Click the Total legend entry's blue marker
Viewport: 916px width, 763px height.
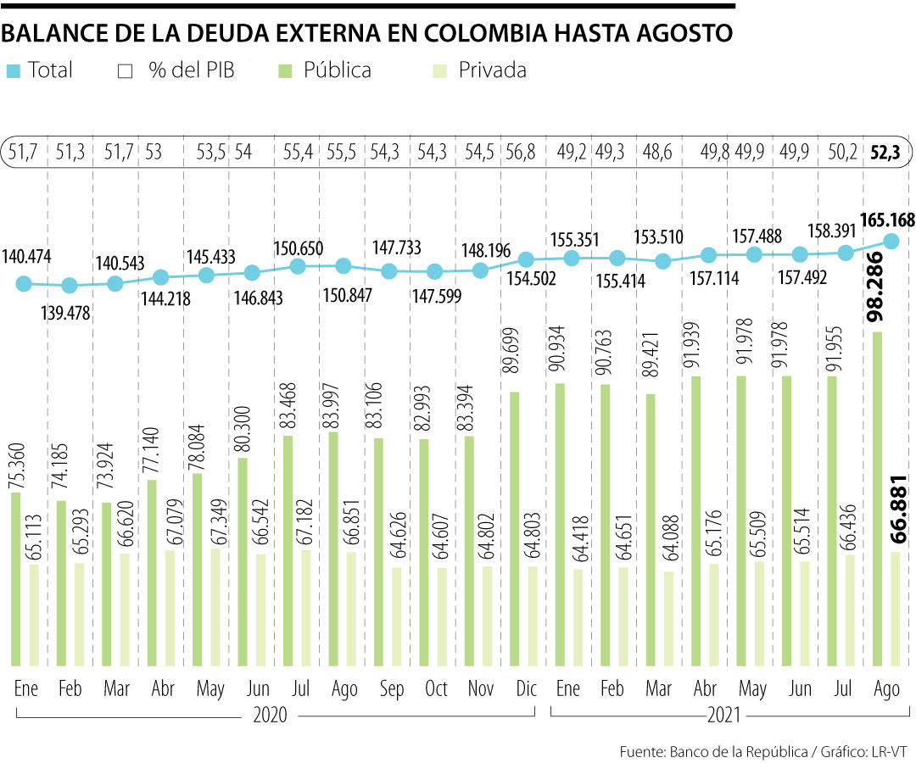13,70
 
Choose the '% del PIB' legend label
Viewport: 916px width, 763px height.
192,70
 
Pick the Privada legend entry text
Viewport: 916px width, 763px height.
492,70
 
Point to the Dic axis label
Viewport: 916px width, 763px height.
526,688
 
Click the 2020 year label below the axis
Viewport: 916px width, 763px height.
271,715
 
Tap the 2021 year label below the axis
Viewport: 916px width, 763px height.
724,715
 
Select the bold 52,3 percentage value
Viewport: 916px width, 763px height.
886,153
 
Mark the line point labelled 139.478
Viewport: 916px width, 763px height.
70,286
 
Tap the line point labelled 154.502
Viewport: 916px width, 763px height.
526,259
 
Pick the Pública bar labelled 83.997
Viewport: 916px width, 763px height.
332,549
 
